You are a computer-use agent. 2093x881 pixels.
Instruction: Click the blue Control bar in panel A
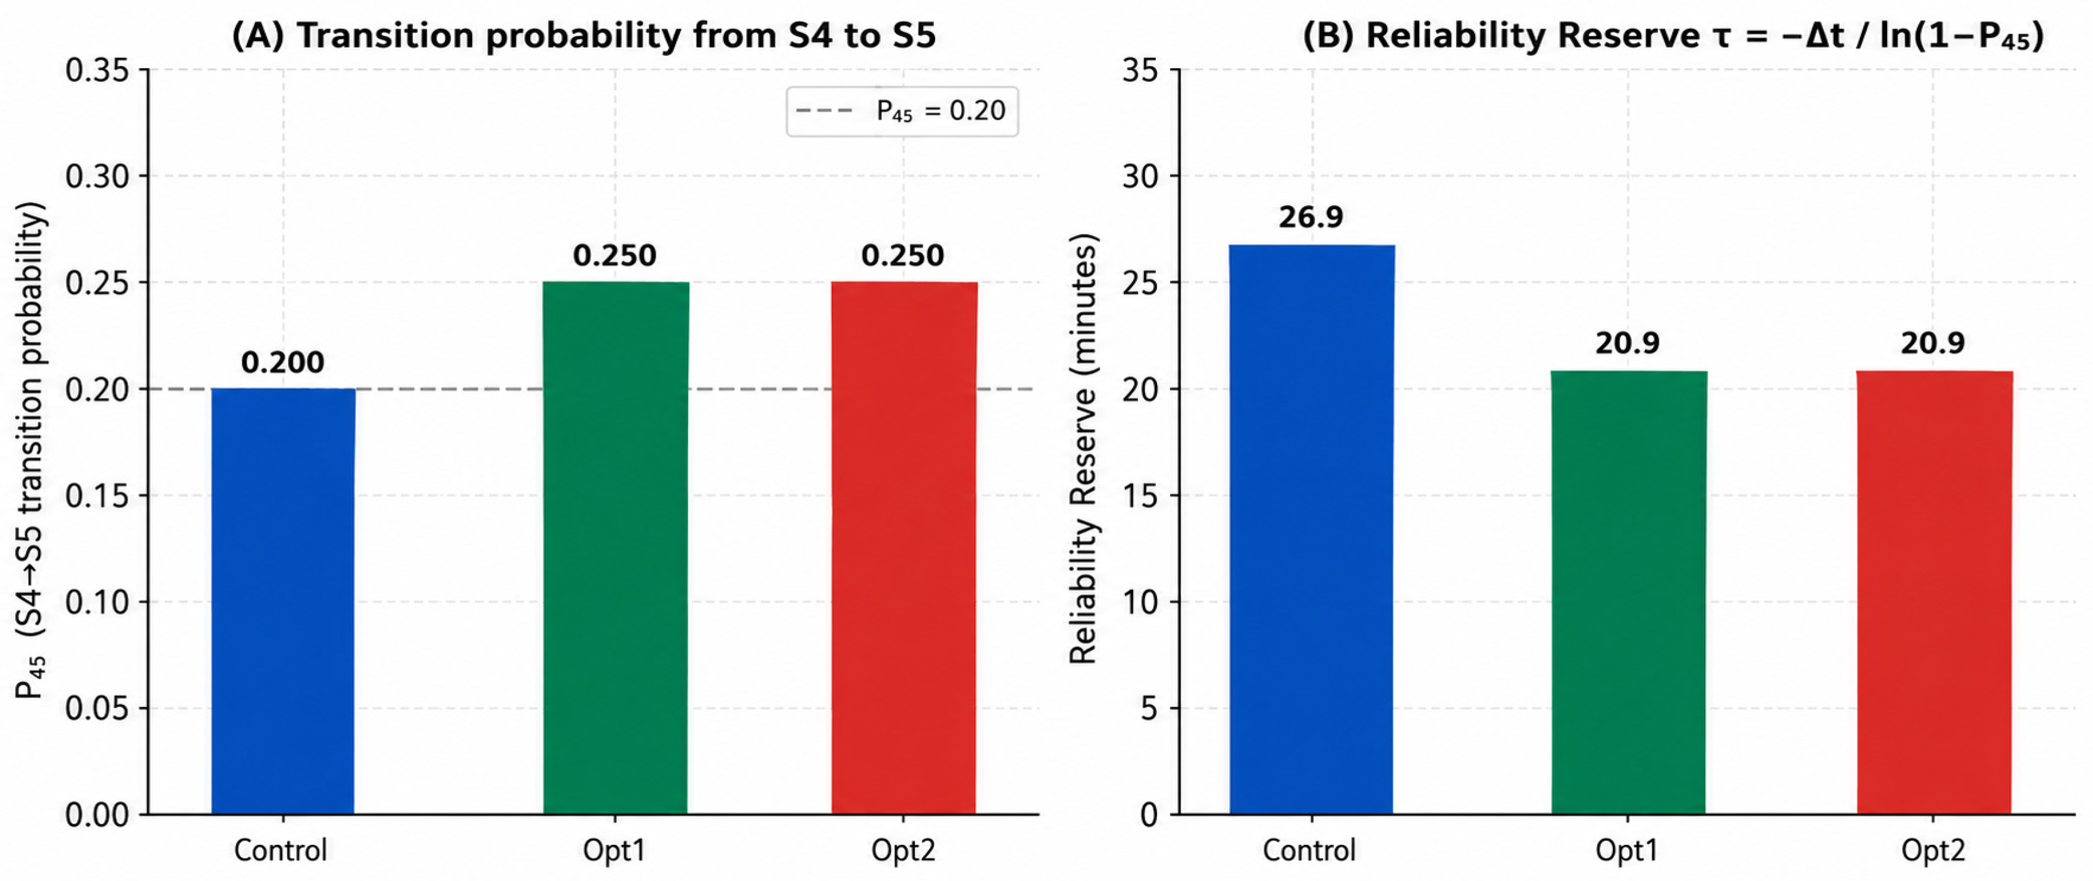(283, 602)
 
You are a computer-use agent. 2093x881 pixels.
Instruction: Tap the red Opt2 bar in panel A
(903, 548)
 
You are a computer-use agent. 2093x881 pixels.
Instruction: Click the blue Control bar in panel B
(1311, 529)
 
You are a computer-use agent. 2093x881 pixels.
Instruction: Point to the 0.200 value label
(283, 361)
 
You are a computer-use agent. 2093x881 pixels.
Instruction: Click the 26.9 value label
(1310, 217)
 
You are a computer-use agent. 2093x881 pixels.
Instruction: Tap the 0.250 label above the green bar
(614, 255)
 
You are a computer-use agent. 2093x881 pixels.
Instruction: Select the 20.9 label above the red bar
(1933, 343)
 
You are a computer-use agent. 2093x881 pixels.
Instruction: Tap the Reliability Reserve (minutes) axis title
(1083, 449)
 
